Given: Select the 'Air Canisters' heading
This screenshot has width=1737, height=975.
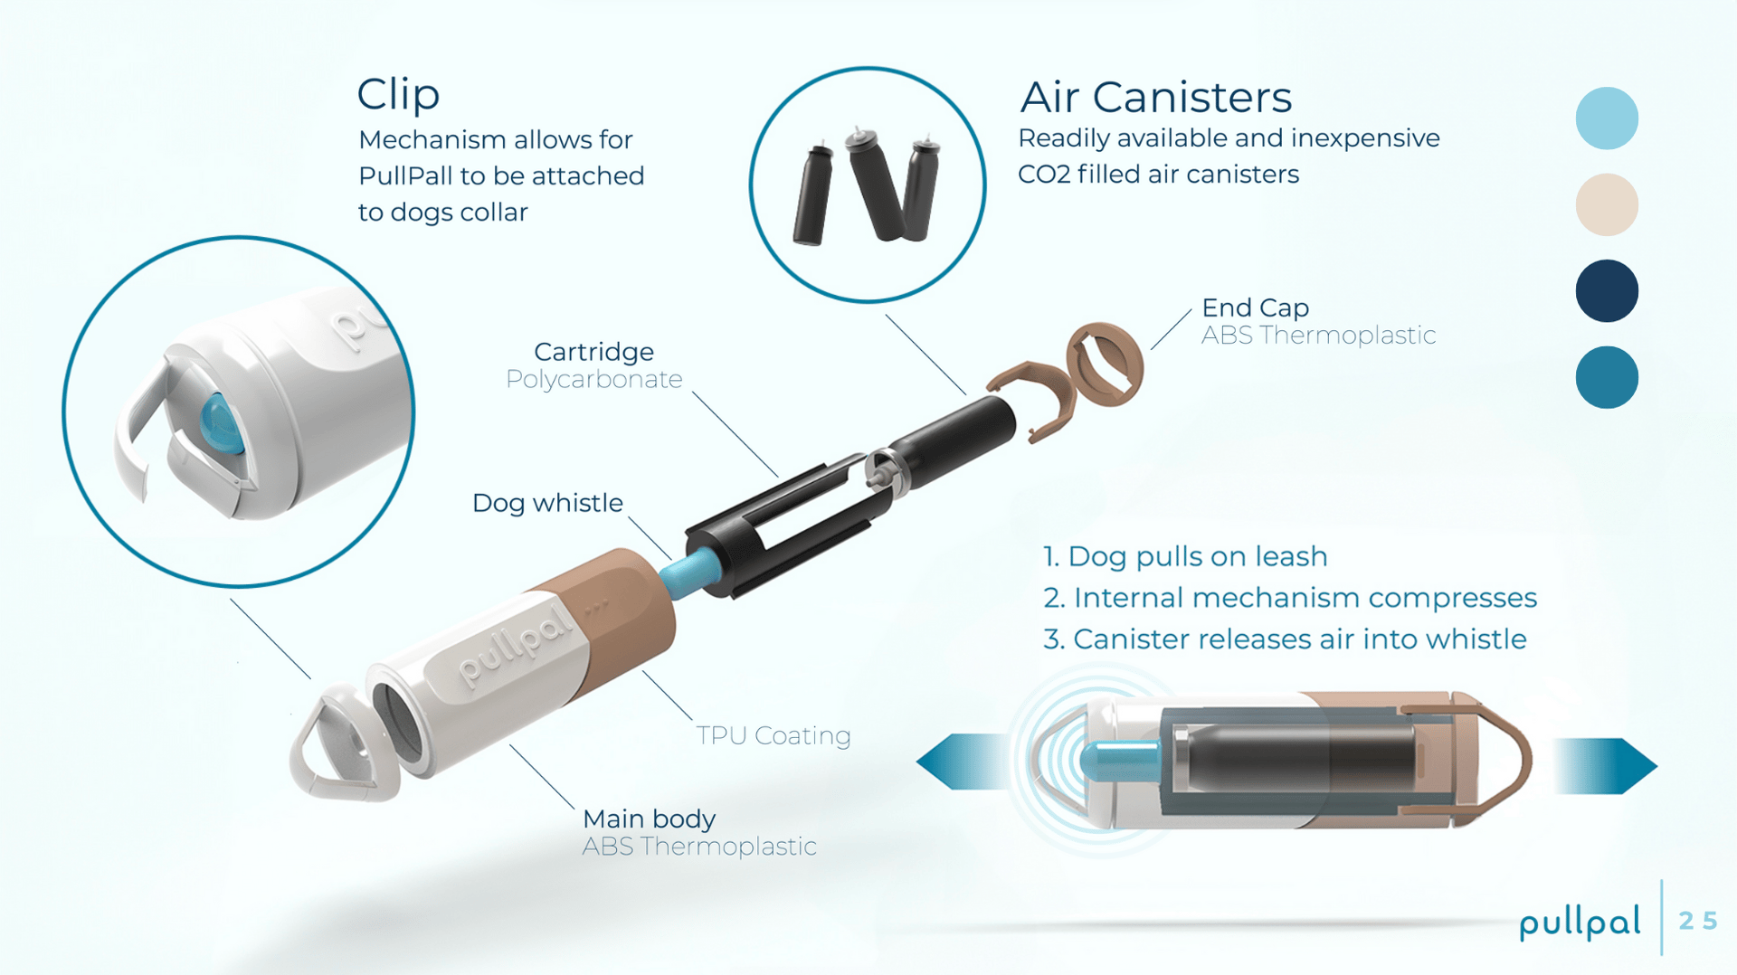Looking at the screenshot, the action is [x=1155, y=97].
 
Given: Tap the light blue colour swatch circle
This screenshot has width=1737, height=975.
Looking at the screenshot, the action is [x=1607, y=118].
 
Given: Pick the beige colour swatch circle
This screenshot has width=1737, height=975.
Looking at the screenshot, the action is [x=1607, y=205].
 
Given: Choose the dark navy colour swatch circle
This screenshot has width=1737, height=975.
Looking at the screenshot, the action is [x=1607, y=291].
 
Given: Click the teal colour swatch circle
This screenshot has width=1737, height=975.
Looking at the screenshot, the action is [x=1607, y=377].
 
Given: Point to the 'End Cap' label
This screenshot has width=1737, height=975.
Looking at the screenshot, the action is [x=1255, y=308].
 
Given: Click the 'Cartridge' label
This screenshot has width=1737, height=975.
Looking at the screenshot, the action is [x=593, y=352].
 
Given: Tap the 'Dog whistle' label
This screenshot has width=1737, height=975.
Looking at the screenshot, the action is [x=547, y=503].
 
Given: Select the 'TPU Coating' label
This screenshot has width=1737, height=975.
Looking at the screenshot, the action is [x=774, y=735].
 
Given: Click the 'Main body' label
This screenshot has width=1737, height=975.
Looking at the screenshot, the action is [x=649, y=819].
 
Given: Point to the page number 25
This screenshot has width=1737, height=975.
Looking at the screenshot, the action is [x=1697, y=921].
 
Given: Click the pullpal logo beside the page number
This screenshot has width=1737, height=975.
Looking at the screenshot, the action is [x=1580, y=923].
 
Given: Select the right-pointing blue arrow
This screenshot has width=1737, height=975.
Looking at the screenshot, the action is [x=1606, y=766].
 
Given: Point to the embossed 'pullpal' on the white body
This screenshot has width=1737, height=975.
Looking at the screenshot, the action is [x=517, y=645].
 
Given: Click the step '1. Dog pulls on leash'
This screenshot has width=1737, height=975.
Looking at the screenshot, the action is [x=1185, y=556].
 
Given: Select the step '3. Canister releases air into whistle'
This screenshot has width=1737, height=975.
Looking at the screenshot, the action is [x=1285, y=639].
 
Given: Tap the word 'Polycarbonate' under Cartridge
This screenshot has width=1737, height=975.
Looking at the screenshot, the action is [x=594, y=380].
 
